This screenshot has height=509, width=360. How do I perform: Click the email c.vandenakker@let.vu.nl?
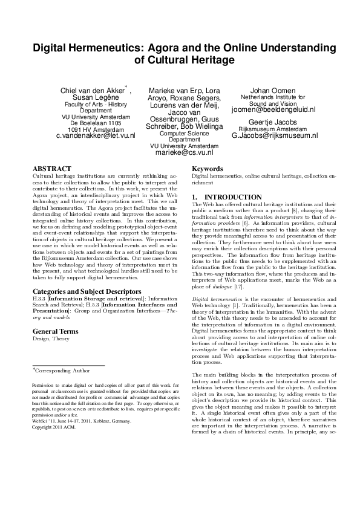point(95,136)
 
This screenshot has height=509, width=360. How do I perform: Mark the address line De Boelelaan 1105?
point(96,123)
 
